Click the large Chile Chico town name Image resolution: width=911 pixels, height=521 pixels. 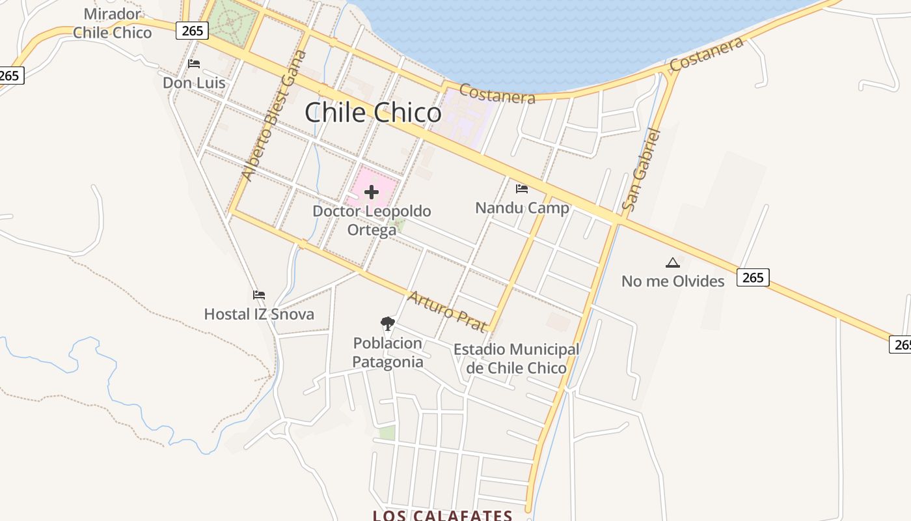click(x=373, y=113)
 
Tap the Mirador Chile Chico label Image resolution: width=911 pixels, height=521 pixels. click(x=112, y=23)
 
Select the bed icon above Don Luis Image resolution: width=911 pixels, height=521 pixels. click(x=194, y=64)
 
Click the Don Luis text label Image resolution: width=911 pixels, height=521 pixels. click(x=194, y=83)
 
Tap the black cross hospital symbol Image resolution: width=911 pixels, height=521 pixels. click(x=372, y=192)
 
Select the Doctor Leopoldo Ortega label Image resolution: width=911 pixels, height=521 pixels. click(x=372, y=221)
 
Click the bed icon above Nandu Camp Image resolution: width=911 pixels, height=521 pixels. click(x=522, y=189)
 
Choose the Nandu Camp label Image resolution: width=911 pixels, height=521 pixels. click(x=522, y=208)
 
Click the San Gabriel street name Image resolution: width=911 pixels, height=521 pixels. click(x=641, y=170)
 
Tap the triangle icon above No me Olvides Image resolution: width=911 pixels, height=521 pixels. click(x=673, y=263)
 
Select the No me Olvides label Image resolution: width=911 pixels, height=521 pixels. click(x=673, y=281)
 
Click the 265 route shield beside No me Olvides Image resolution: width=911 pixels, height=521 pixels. click(x=753, y=277)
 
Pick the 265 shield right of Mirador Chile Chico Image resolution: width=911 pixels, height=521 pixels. click(x=192, y=31)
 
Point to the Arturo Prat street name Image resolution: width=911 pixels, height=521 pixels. click(x=447, y=311)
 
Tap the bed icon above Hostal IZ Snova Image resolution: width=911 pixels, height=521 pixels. click(x=259, y=295)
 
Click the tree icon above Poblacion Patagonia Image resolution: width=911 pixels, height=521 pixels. click(x=388, y=323)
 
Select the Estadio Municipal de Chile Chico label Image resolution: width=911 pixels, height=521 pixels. click(x=516, y=359)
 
